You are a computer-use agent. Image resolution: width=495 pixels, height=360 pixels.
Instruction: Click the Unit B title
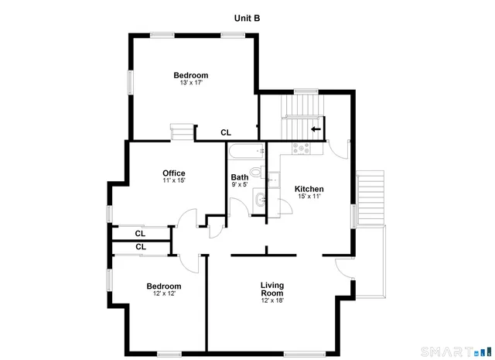(x=247, y=17)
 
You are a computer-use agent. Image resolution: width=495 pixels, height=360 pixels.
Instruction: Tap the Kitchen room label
(x=309, y=189)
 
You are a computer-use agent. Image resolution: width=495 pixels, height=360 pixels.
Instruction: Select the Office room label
(x=173, y=173)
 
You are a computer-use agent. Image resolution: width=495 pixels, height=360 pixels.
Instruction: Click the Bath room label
(x=240, y=177)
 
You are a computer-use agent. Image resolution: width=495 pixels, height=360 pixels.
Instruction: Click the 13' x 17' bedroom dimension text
(x=190, y=84)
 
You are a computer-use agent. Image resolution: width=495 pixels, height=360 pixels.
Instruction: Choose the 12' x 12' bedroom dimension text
(x=164, y=294)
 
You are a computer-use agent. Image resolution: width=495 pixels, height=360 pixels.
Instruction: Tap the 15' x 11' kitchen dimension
(x=309, y=197)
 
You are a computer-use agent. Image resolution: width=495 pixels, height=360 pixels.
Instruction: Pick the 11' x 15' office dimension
(x=173, y=180)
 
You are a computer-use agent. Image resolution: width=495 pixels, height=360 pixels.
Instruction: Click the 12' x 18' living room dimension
(x=272, y=301)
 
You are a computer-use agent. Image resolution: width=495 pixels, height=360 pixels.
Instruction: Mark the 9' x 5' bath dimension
(x=240, y=185)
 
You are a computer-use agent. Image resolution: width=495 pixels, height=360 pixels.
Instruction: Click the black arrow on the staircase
(x=316, y=129)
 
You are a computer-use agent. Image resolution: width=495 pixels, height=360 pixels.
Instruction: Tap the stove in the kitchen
(x=299, y=147)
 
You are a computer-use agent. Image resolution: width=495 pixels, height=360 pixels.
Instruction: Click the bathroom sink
(x=261, y=201)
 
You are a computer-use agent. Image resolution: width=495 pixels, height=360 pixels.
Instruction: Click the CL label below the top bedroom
(x=226, y=132)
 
